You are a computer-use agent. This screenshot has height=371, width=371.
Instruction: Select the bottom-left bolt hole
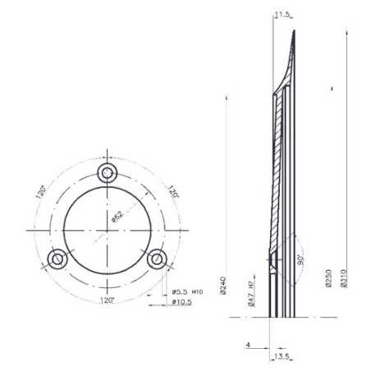pyautogui.click(x=57, y=259)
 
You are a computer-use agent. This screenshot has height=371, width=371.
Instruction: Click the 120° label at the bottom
pyautogui.click(x=108, y=300)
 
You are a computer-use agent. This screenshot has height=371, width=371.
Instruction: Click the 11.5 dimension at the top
pyautogui.click(x=282, y=15)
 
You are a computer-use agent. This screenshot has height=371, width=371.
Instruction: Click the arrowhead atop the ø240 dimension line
pyautogui.click(x=226, y=96)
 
